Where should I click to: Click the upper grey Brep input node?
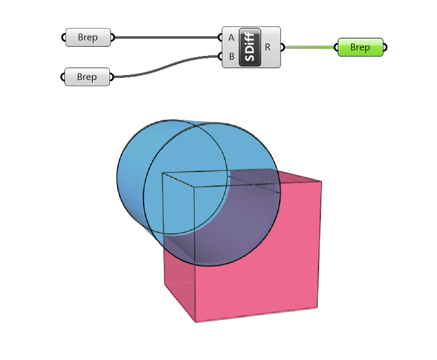click(88, 37)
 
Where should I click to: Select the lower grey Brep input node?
click(87, 77)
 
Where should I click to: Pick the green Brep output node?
click(360, 47)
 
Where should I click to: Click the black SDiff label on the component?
click(250, 47)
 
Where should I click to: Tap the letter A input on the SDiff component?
click(231, 37)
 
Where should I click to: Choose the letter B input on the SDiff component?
click(231, 57)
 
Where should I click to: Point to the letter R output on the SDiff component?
click(268, 47)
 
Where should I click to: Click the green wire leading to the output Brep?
click(310, 47)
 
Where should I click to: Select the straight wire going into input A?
click(166, 37)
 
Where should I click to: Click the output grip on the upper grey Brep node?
click(113, 37)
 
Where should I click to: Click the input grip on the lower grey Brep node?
click(63, 77)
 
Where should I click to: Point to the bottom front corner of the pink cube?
click(195, 322)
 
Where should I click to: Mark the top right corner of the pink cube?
click(322, 182)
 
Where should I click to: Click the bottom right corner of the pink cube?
click(317, 308)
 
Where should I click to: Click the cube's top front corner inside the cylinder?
click(195, 186)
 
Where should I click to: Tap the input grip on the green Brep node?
click(336, 47)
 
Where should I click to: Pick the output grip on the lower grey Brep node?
click(113, 77)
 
